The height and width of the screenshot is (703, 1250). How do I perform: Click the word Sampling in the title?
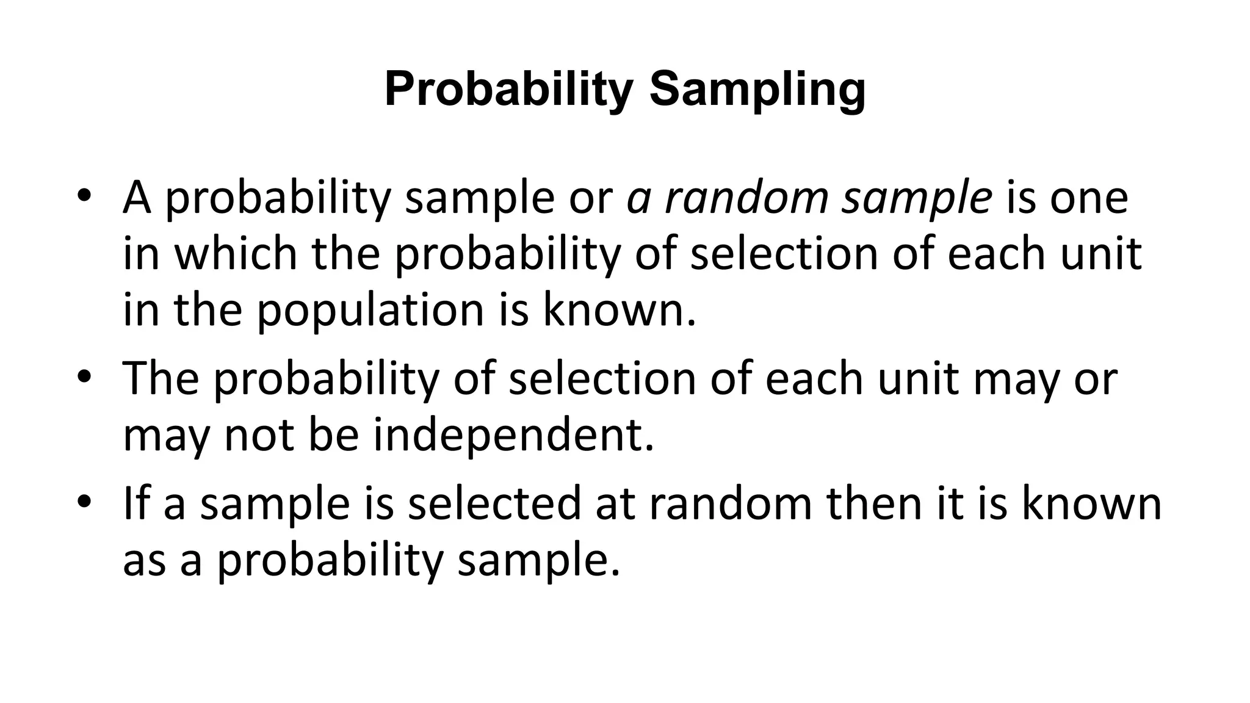pyautogui.click(x=757, y=90)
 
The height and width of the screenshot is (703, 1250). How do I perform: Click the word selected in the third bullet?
pyautogui.click(x=494, y=503)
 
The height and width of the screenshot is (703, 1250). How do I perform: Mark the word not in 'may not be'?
pyautogui.click(x=260, y=436)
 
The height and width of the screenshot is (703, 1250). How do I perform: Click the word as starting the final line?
pyautogui.click(x=145, y=561)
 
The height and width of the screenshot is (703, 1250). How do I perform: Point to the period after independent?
pyautogui.click(x=649, y=449)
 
